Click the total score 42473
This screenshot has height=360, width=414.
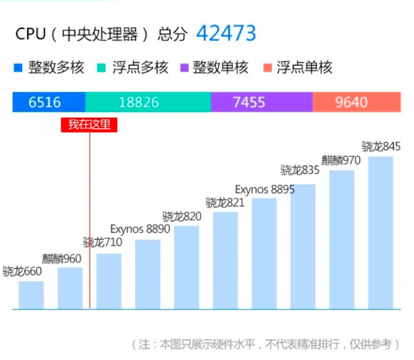(226, 33)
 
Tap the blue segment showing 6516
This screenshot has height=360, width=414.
(49, 102)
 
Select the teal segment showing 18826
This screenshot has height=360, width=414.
(147, 102)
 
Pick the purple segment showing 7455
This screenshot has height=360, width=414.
(261, 102)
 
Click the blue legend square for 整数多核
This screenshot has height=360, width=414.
(18, 67)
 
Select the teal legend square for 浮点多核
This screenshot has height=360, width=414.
(102, 67)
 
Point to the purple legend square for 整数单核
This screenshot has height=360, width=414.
(184, 67)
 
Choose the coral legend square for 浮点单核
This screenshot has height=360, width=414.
(267, 67)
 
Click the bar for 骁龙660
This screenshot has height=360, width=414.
(31, 295)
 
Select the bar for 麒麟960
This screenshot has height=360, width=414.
(70, 288)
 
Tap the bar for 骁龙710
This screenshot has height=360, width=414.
(109, 281)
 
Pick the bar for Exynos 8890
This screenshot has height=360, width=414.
(147, 274)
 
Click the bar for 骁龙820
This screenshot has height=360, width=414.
(186, 267)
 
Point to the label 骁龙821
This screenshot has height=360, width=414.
(225, 203)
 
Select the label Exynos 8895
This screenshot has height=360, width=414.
(265, 189)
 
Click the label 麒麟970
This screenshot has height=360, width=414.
(342, 160)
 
